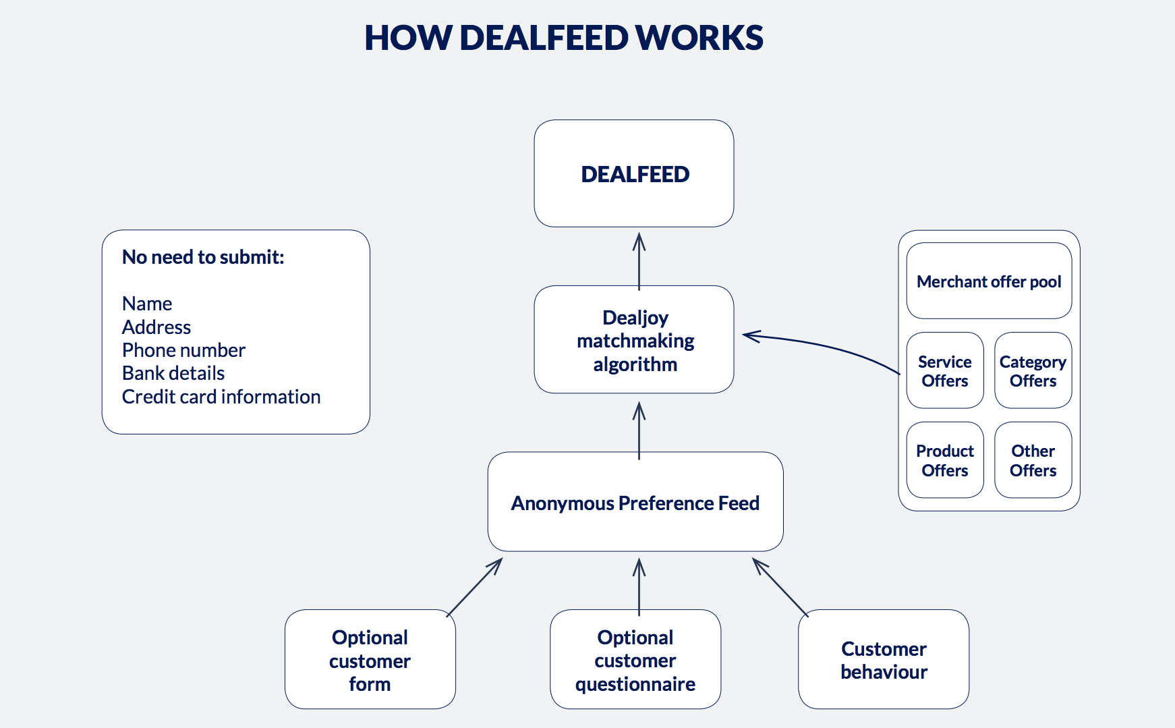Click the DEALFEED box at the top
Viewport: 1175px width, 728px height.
pos(634,173)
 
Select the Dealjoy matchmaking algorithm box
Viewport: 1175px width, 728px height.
pos(634,339)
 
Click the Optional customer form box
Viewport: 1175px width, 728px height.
pos(370,659)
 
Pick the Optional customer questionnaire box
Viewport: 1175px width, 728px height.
pos(635,659)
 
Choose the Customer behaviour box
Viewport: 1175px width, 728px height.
pos(883,659)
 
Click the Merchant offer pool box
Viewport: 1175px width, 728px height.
pos(989,281)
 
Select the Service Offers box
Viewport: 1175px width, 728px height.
pos(944,370)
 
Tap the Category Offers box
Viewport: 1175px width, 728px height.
pos(1033,370)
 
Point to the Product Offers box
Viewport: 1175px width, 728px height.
pos(944,460)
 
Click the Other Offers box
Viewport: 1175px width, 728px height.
pos(1033,460)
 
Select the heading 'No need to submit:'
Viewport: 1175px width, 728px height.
pos(203,257)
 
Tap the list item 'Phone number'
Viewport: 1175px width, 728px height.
pos(183,350)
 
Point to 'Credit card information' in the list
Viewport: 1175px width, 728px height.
pos(221,397)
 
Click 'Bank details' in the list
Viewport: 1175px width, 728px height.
pos(173,373)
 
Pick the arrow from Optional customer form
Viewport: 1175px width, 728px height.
pos(475,586)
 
